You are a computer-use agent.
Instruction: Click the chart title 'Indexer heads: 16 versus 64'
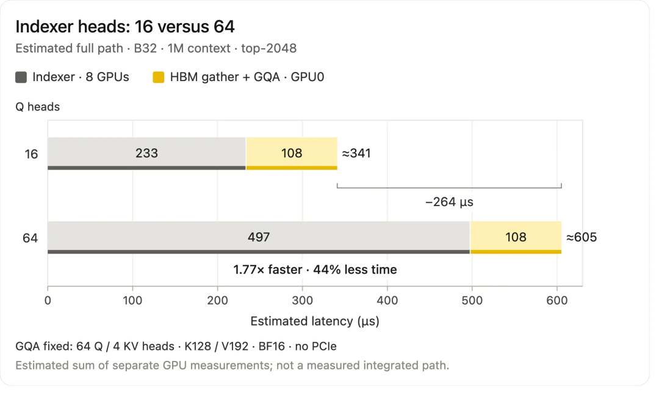125,26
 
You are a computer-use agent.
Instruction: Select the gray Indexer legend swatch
21,77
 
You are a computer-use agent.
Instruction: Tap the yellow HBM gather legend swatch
159,77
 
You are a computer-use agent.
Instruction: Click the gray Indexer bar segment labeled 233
146,154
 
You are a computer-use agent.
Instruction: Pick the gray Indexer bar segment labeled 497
259,238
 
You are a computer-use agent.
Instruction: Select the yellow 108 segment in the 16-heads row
292,154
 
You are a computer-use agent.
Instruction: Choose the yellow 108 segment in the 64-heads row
516,238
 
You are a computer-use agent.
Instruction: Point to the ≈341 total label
356,153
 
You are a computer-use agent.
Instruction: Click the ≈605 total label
582,237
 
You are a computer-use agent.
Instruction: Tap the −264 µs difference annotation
449,202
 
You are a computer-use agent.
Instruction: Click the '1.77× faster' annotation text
268,269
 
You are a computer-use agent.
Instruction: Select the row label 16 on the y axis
31,154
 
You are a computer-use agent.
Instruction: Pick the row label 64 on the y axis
31,238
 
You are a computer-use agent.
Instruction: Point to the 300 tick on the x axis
302,301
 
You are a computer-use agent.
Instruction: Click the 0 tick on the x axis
48,301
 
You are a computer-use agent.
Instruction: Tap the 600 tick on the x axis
557,301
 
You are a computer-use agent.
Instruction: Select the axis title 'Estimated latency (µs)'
315,321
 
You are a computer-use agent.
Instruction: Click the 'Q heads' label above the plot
37,107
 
